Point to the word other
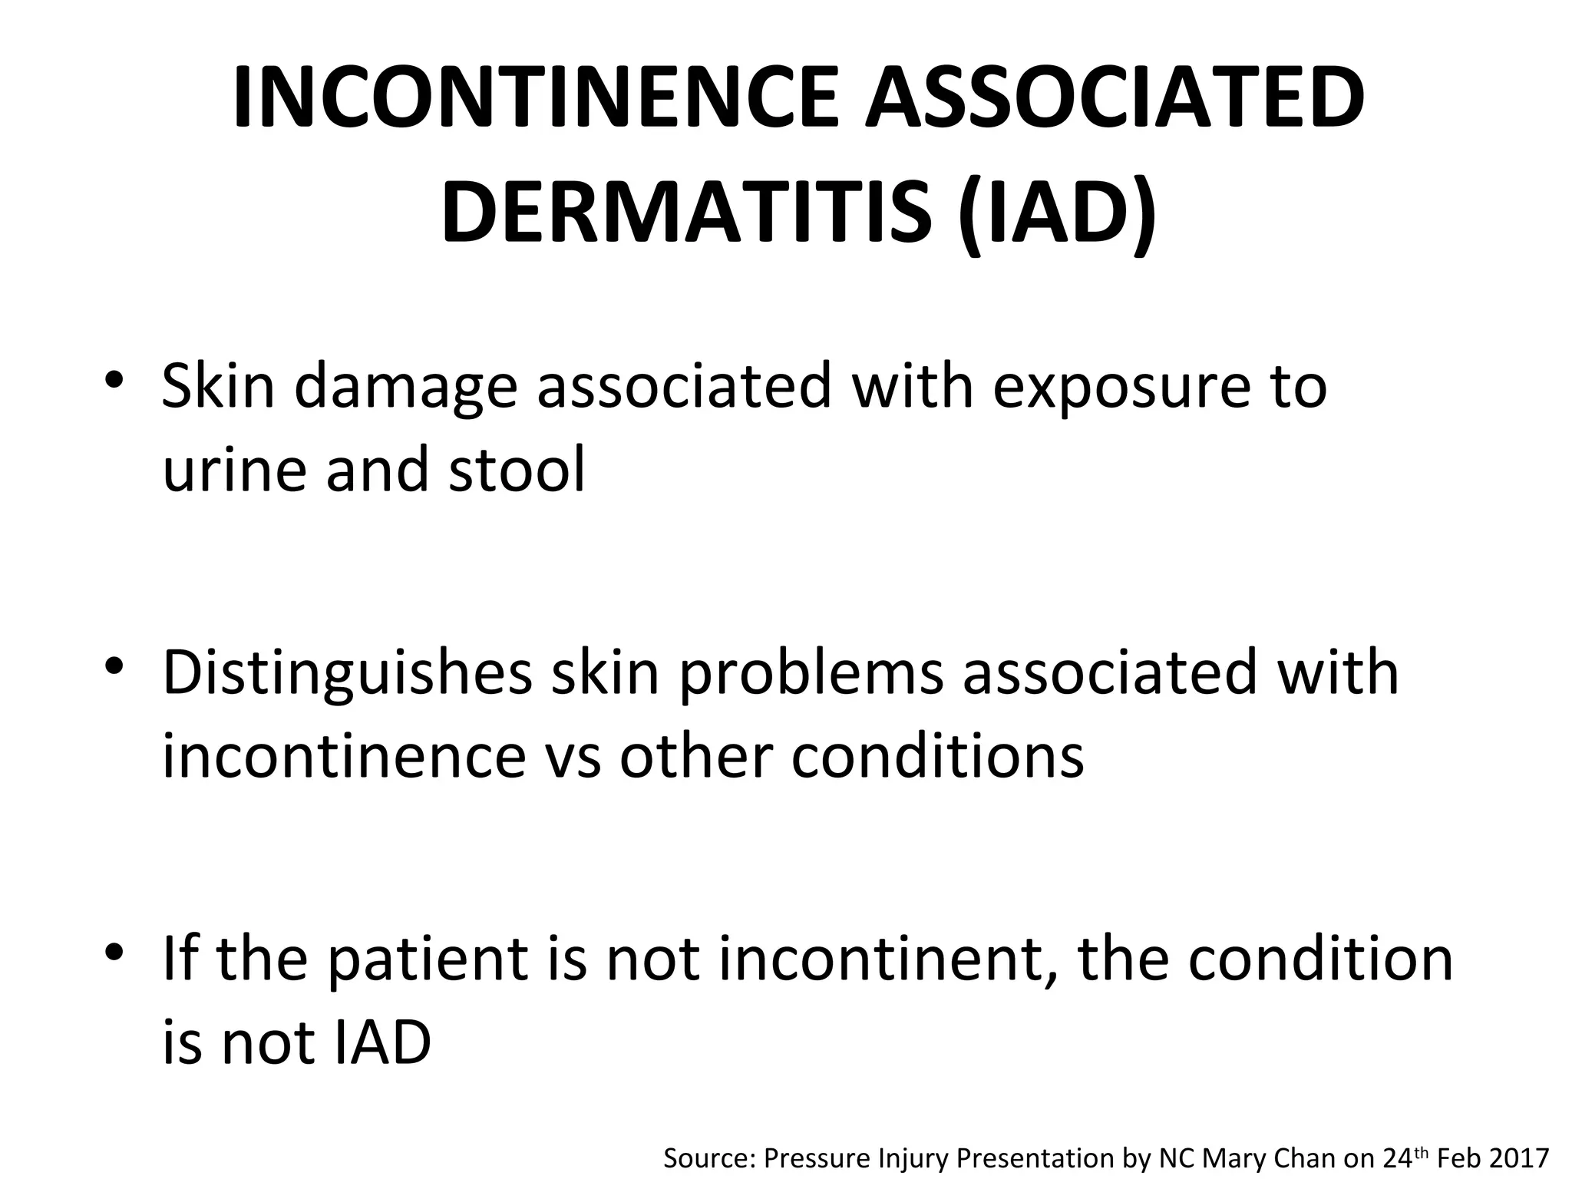point(697,757)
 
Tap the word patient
point(430,960)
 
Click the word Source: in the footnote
point(708,1158)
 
